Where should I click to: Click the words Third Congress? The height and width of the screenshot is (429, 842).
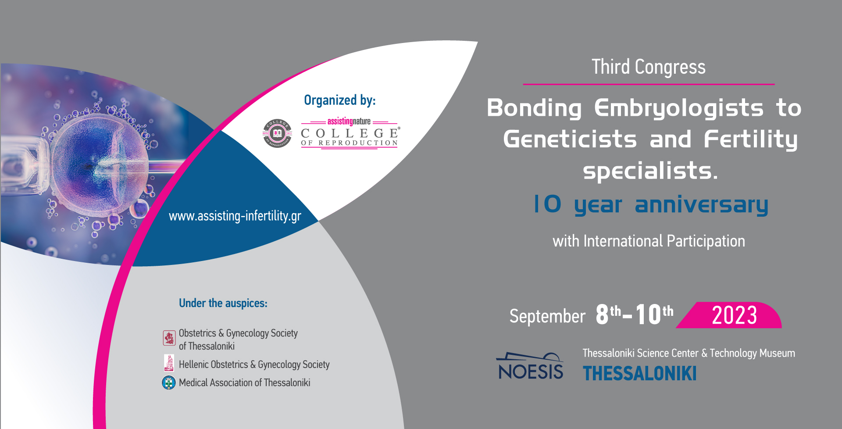[648, 68]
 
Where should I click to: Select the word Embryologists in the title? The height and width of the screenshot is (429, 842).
[678, 108]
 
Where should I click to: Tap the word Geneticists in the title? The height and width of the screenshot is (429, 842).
[570, 139]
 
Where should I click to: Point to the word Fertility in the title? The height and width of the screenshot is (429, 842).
[750, 139]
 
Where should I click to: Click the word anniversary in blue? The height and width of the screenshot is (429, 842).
[701, 205]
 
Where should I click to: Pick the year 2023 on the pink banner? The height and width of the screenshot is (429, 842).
[734, 315]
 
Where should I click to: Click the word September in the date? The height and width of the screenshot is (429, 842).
[547, 316]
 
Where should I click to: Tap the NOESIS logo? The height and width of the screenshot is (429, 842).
[530, 367]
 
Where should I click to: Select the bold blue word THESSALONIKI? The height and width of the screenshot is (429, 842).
[639, 374]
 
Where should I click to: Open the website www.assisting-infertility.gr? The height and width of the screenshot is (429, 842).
[235, 216]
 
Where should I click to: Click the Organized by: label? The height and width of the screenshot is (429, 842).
[339, 100]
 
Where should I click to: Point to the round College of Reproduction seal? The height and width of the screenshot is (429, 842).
[277, 133]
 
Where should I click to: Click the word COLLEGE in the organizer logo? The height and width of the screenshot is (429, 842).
[350, 133]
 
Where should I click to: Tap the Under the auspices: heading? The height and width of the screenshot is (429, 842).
[223, 303]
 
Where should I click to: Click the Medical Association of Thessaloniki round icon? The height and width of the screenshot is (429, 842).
[169, 383]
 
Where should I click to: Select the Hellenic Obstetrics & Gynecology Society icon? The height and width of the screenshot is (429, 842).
[169, 363]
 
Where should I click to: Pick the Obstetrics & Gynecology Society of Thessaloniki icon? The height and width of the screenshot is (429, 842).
[169, 338]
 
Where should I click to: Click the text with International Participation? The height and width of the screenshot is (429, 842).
[649, 241]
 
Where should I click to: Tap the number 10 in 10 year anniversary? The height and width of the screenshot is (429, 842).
[547, 204]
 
